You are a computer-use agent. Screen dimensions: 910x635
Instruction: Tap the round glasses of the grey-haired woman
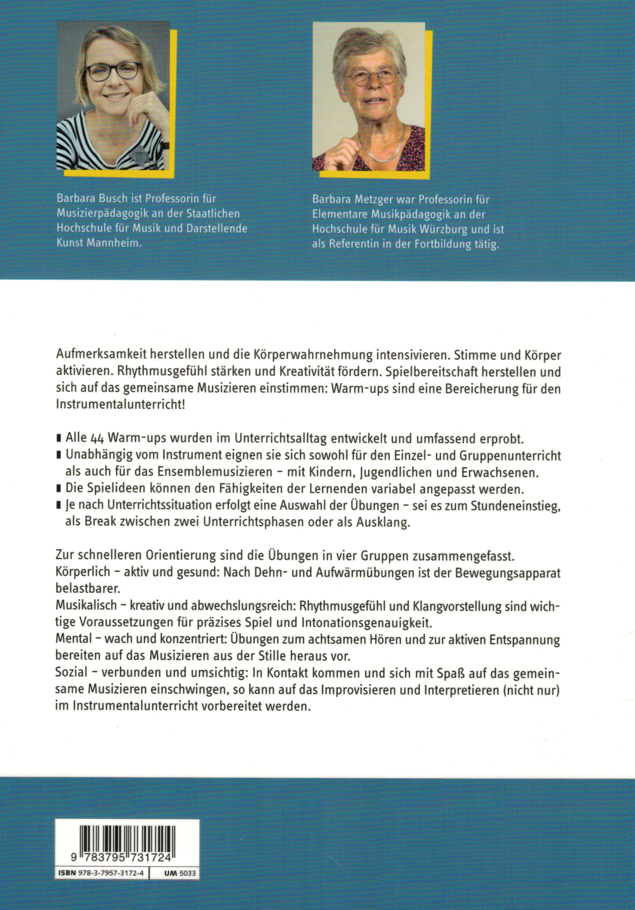click(x=372, y=76)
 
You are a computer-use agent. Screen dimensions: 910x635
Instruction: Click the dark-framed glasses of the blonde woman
click(x=113, y=72)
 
